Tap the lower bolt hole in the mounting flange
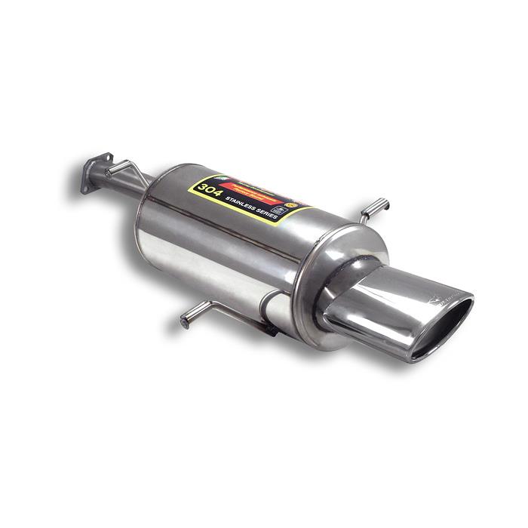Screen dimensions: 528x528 85,186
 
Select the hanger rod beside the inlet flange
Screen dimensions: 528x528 121,167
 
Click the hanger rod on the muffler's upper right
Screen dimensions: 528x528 375,207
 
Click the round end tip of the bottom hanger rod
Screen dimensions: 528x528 185,323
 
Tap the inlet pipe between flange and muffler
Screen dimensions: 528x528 132,183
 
